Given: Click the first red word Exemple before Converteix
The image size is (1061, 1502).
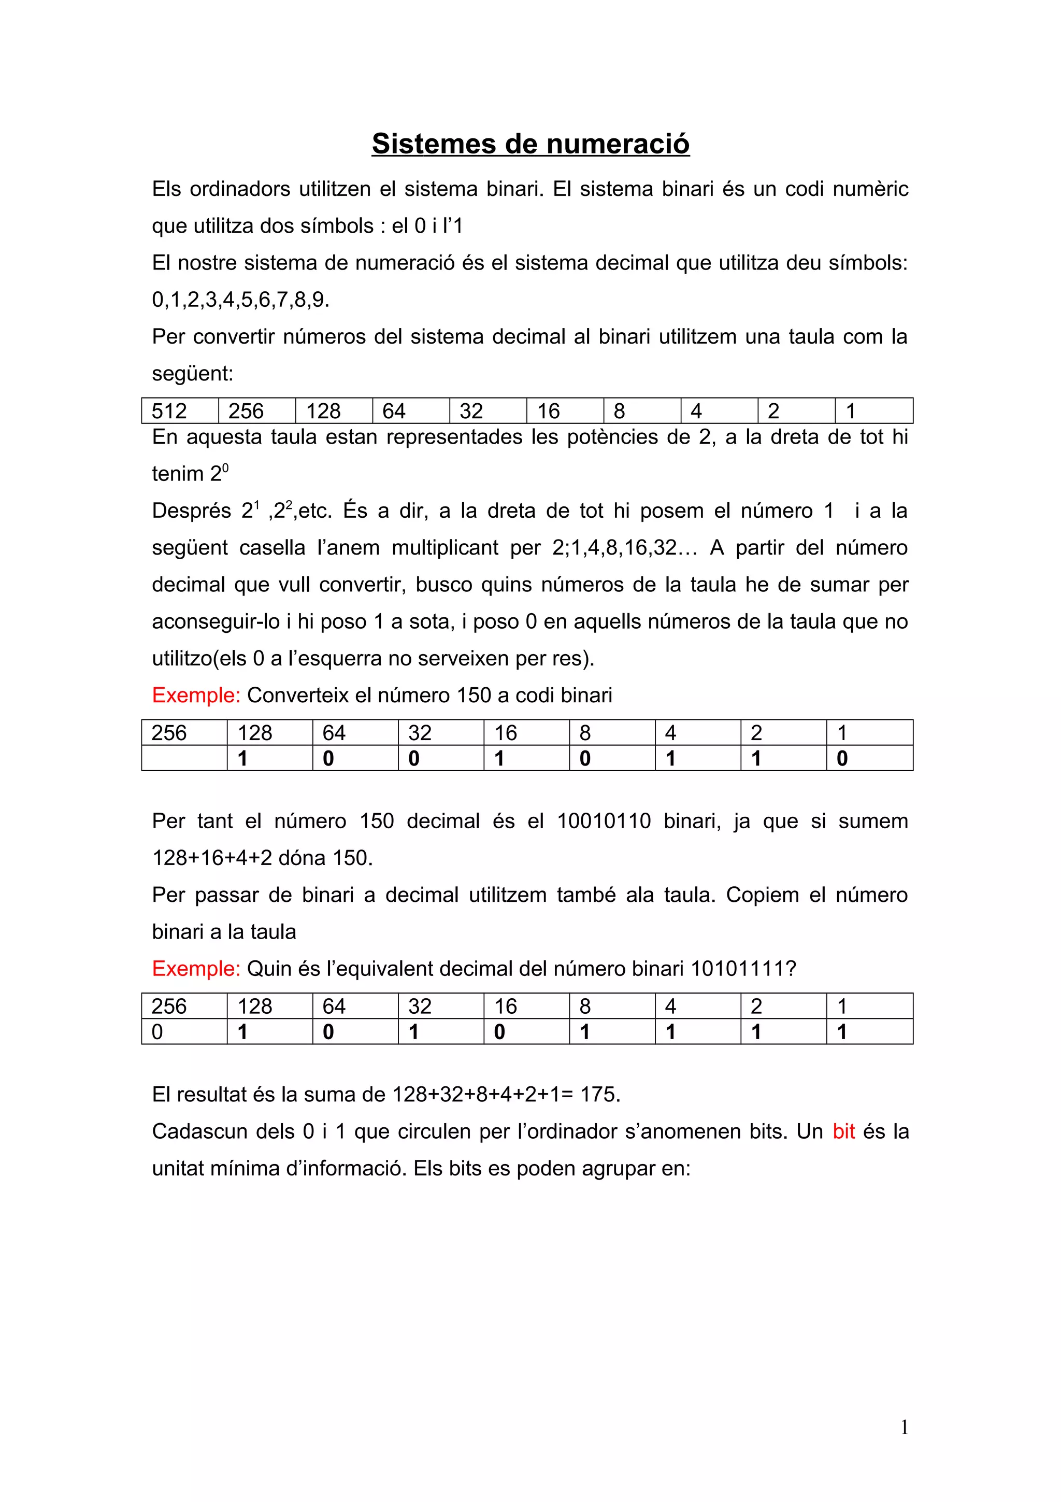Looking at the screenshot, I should pos(196,695).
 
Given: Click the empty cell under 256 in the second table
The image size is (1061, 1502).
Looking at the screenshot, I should pos(184,758).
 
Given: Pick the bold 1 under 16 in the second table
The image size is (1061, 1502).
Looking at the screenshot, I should pos(499,759).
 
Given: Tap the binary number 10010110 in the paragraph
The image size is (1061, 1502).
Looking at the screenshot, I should pos(604,821).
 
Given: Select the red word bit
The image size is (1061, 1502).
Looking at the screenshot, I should pos(843,1131).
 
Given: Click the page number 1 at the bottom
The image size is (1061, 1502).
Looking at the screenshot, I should pos(904,1427).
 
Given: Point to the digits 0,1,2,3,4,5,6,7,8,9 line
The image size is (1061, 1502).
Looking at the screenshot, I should pos(240,300).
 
